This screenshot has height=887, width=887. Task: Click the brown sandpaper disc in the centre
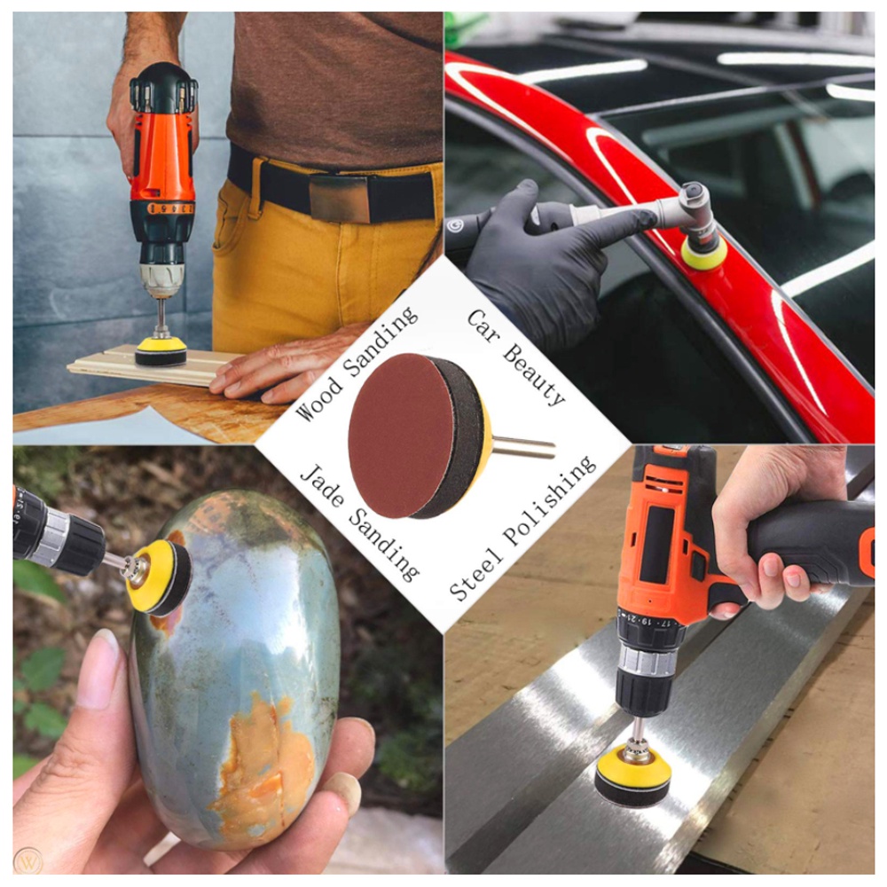[395, 436]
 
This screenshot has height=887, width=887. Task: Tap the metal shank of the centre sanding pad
[524, 446]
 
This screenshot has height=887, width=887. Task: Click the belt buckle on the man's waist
[340, 198]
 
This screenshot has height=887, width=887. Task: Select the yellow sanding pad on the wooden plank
[161, 352]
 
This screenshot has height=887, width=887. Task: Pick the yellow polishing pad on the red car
[704, 253]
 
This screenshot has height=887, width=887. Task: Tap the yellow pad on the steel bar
[632, 775]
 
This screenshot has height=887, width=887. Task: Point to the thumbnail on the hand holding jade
[96, 669]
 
